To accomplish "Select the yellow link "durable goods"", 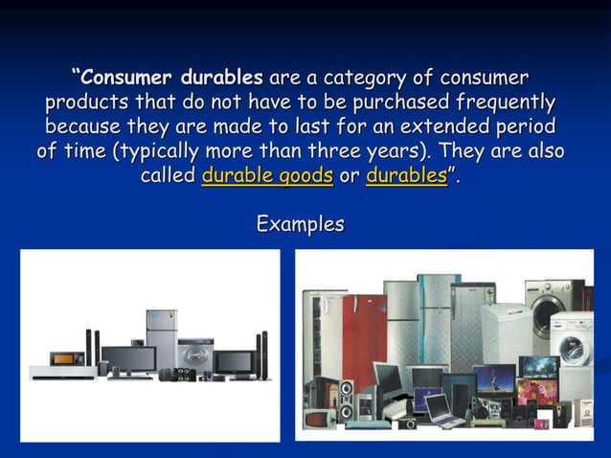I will click(x=267, y=176).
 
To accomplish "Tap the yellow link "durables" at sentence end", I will click(x=406, y=176).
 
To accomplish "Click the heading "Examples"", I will click(x=300, y=224).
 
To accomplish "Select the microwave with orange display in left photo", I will click(x=67, y=358).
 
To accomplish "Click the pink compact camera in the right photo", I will click(x=541, y=423).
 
